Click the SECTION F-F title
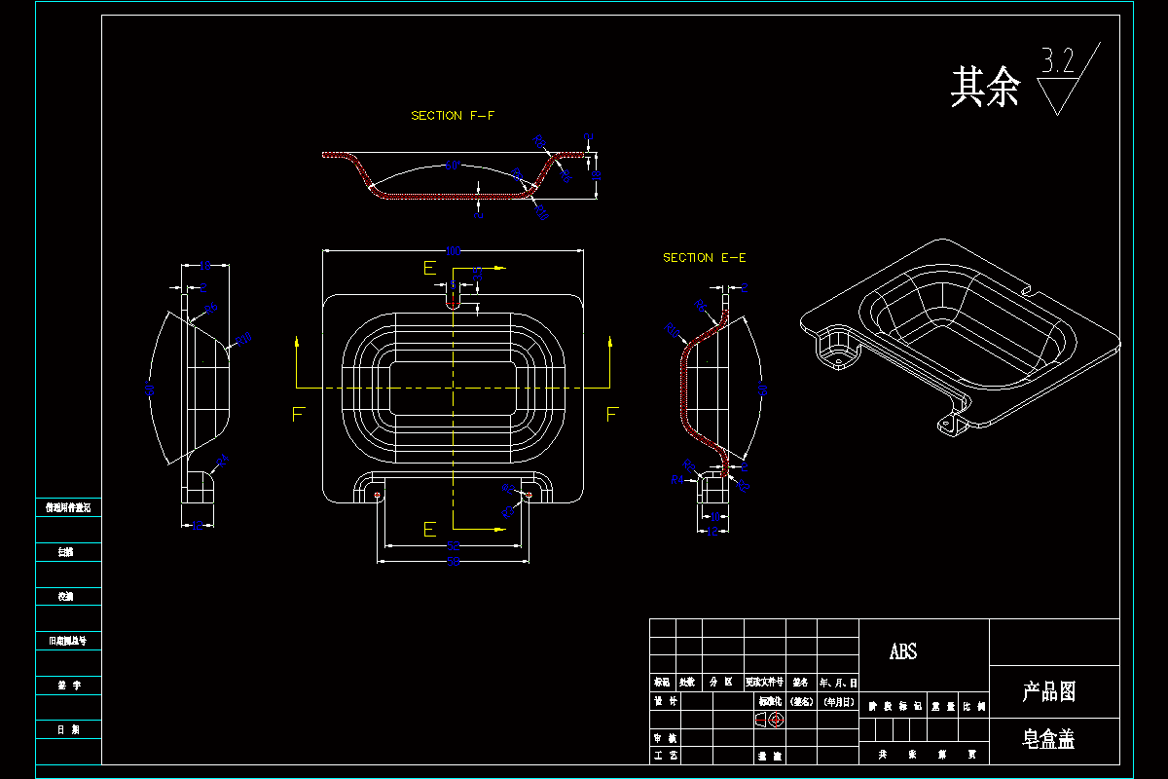pos(452,116)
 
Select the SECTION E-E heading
pos(704,258)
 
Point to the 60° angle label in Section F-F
pos(452,167)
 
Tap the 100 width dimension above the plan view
pos(453,251)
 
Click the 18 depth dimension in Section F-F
pos(598,176)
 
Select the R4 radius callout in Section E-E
pos(677,479)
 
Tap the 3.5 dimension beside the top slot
pos(477,274)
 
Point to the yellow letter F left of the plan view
pos(299,415)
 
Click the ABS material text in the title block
pos(903,652)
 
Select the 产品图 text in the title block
pos(1048,692)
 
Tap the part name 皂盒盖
pos(1048,740)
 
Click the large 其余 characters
pos(985,88)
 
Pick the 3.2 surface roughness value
pos(1058,62)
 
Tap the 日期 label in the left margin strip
pos(67,729)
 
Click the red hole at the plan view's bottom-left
pos(377,495)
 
